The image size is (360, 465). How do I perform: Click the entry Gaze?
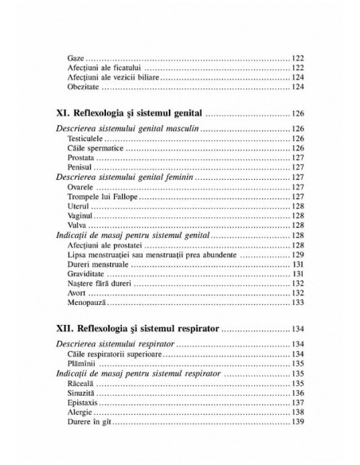(76, 58)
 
